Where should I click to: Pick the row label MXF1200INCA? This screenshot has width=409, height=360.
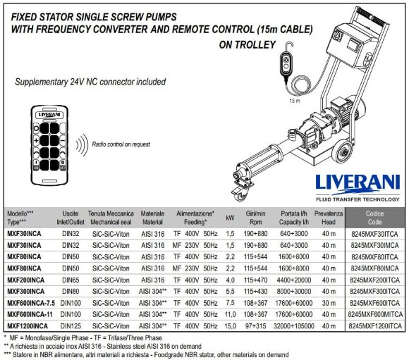point(28,326)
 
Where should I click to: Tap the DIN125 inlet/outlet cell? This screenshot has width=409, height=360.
point(70,326)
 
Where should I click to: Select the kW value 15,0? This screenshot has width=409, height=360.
point(229,326)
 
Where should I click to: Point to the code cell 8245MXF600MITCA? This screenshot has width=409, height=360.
point(375,314)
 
